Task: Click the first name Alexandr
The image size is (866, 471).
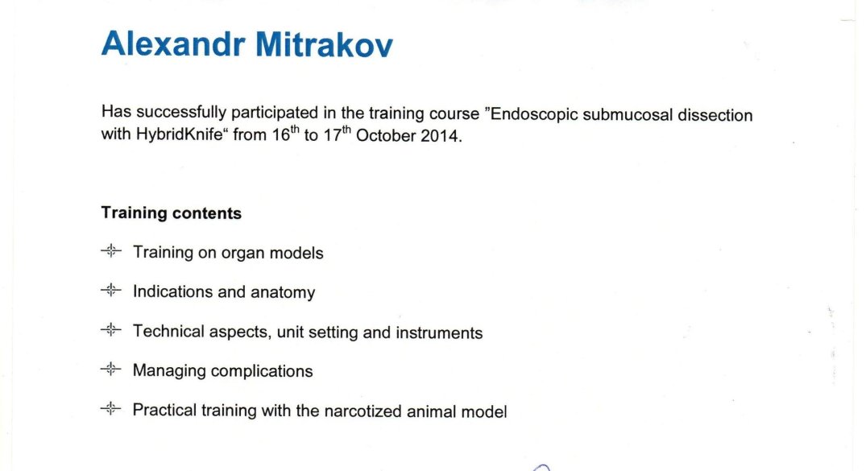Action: coord(173,43)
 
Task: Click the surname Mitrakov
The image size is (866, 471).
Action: coord(324,43)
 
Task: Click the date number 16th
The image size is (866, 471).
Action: coord(285,134)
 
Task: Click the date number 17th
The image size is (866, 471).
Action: coord(337,134)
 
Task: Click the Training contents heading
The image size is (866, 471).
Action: coord(172,213)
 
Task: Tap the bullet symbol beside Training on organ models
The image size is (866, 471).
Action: coord(111,250)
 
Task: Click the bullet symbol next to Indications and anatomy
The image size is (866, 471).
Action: coord(111,290)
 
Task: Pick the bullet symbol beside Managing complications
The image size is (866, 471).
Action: coord(111,369)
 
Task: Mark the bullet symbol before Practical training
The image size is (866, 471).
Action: coord(111,409)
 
